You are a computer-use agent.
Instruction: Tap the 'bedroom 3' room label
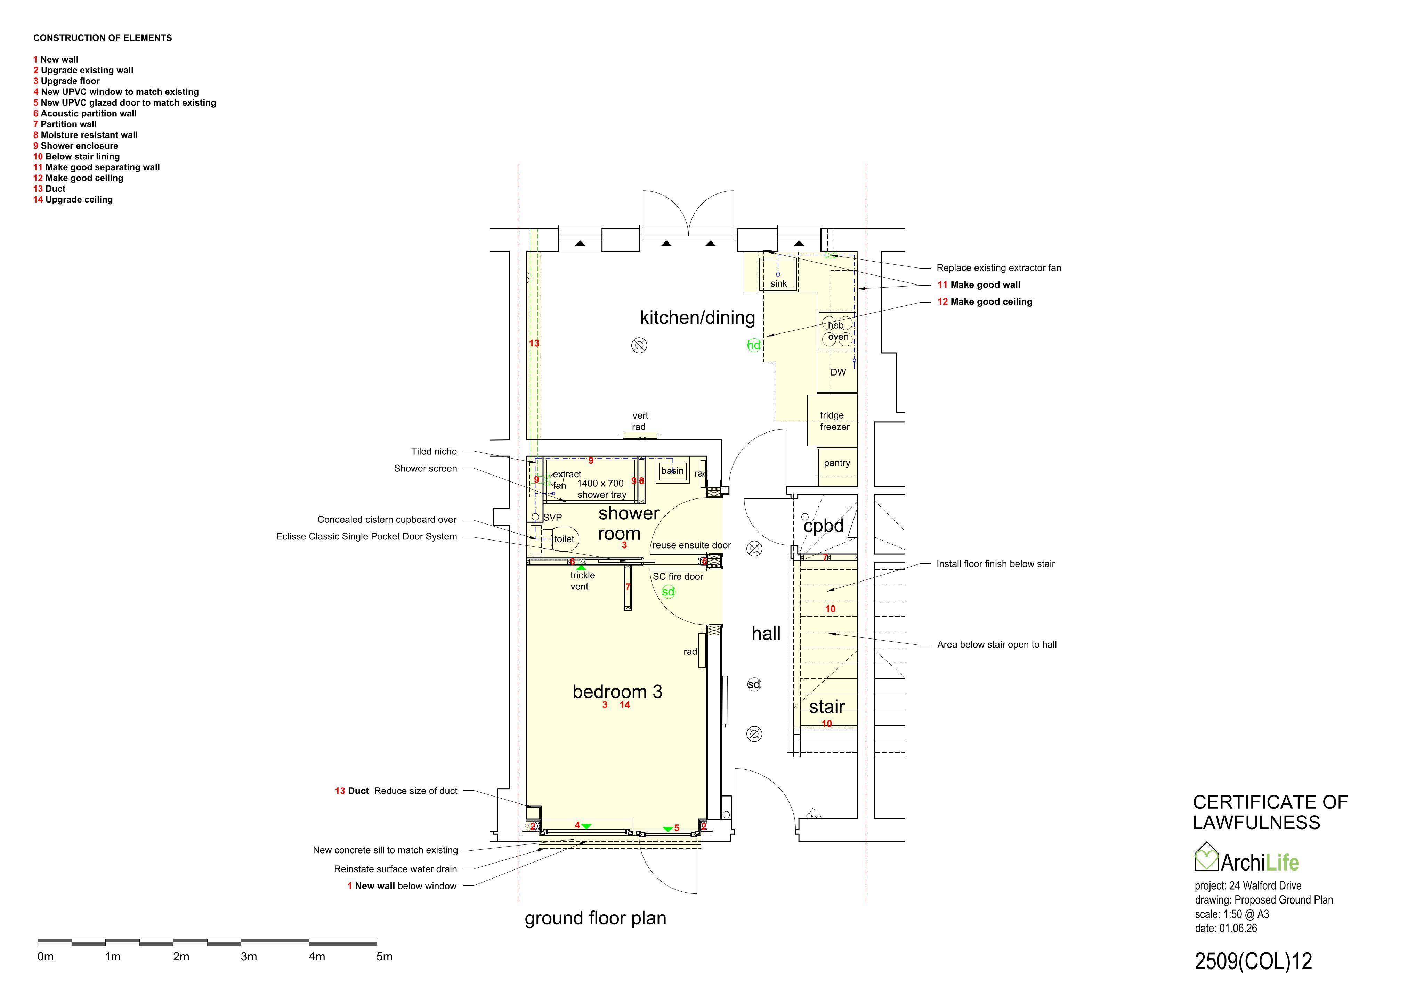coord(617,692)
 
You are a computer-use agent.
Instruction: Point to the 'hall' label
coord(766,634)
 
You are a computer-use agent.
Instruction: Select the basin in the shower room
coord(672,470)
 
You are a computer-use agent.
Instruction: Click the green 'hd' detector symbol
coord(754,345)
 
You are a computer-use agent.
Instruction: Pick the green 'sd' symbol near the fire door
coord(668,592)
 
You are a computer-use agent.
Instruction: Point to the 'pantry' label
coord(837,463)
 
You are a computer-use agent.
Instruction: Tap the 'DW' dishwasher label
coord(838,372)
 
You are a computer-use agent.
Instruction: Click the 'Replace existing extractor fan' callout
coord(998,268)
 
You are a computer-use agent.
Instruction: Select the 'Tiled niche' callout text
coord(434,451)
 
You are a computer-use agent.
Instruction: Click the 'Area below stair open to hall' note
coord(997,645)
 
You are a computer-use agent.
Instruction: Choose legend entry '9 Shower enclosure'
coord(76,146)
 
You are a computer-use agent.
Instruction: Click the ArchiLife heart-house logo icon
coord(1206,857)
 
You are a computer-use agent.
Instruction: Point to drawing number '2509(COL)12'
coord(1253,962)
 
